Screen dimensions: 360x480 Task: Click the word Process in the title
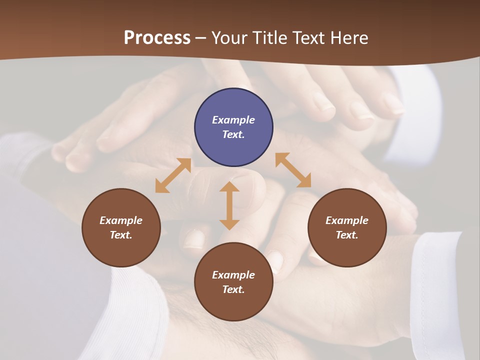point(157,38)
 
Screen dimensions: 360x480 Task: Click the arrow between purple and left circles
point(173,175)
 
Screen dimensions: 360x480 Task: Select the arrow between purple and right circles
point(293,170)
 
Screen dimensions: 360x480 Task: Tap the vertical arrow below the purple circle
point(229,205)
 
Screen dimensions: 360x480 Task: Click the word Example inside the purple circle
point(233,120)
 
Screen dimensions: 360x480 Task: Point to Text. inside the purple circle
point(233,134)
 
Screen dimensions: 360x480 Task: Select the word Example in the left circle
point(121,220)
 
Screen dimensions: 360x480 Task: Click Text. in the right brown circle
point(347,235)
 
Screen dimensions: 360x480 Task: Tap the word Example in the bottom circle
point(233,275)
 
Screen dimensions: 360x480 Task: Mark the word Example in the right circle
point(347,220)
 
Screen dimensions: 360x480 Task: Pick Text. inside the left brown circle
point(121,235)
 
